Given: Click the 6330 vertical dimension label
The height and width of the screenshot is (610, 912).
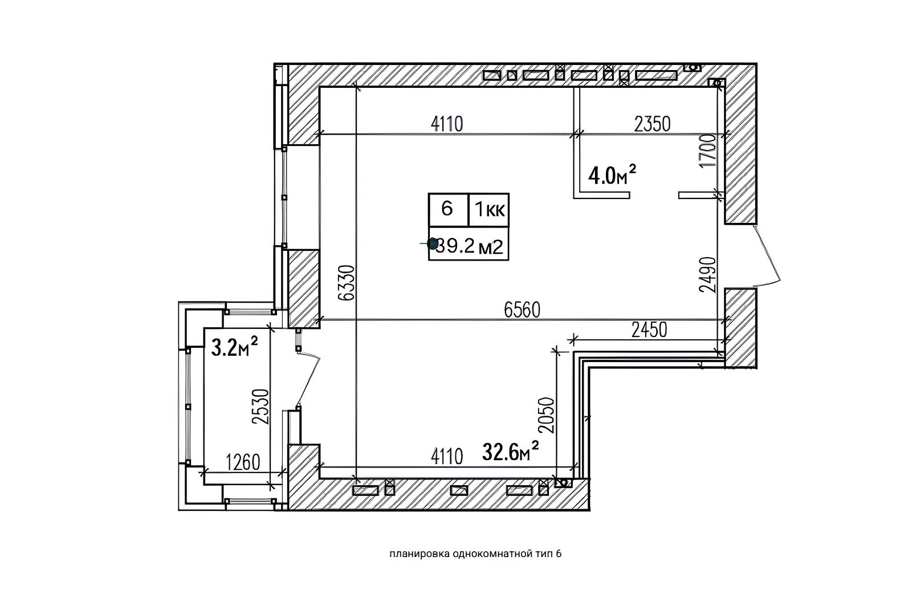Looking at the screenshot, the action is tap(347, 283).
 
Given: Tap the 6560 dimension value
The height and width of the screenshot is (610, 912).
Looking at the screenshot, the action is tap(522, 310).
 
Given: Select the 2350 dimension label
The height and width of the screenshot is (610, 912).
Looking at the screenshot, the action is tap(652, 124).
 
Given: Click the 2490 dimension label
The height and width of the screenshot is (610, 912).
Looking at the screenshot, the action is tap(707, 275).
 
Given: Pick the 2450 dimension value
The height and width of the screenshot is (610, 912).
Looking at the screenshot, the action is tap(649, 330).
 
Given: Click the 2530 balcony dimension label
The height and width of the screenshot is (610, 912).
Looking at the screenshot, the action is tap(261, 407).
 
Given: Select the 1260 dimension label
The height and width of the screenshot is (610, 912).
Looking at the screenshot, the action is tap(243, 462).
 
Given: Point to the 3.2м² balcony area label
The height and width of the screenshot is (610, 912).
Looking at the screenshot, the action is tap(235, 347).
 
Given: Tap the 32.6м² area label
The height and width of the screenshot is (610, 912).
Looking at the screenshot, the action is tap(511, 451).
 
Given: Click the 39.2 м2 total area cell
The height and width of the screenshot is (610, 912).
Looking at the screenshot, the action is tap(469, 243).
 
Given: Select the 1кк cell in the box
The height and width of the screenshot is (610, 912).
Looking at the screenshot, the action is tap(489, 210).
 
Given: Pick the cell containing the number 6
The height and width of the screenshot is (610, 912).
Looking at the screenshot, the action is tap(448, 210).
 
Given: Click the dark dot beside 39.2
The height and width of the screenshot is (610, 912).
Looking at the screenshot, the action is tap(433, 244).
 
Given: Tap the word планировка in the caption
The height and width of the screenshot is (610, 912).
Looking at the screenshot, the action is tap(420, 554).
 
